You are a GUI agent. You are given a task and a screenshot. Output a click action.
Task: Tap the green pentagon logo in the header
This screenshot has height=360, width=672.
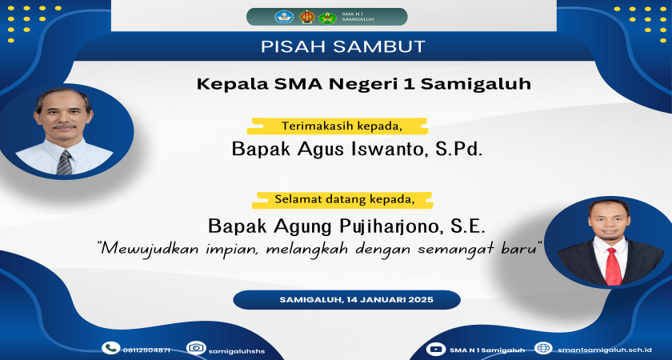pos(326,16)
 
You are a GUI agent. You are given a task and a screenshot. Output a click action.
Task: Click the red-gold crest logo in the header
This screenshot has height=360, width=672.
pos(307,16)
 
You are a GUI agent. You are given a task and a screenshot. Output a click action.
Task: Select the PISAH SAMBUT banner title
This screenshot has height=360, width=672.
pos(342,46)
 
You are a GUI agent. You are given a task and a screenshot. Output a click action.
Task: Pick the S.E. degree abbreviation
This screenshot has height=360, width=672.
pos(468,224)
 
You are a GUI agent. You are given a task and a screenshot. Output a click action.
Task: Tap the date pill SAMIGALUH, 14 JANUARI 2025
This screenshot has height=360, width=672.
pos(346,299)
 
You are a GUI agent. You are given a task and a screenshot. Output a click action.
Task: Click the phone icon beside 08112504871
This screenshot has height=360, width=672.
pos(110,348)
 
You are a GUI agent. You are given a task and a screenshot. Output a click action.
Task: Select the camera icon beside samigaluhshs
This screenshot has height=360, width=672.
pos(195,348)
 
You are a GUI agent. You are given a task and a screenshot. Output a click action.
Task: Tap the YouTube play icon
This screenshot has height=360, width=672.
pos(436,348)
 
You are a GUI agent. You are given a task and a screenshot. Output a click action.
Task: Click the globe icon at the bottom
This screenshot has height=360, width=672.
pos(543,348)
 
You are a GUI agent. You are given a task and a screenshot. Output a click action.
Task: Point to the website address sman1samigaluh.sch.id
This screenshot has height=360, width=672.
pos(605,350)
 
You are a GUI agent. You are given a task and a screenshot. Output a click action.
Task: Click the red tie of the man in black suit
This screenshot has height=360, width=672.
pos(614,264)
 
